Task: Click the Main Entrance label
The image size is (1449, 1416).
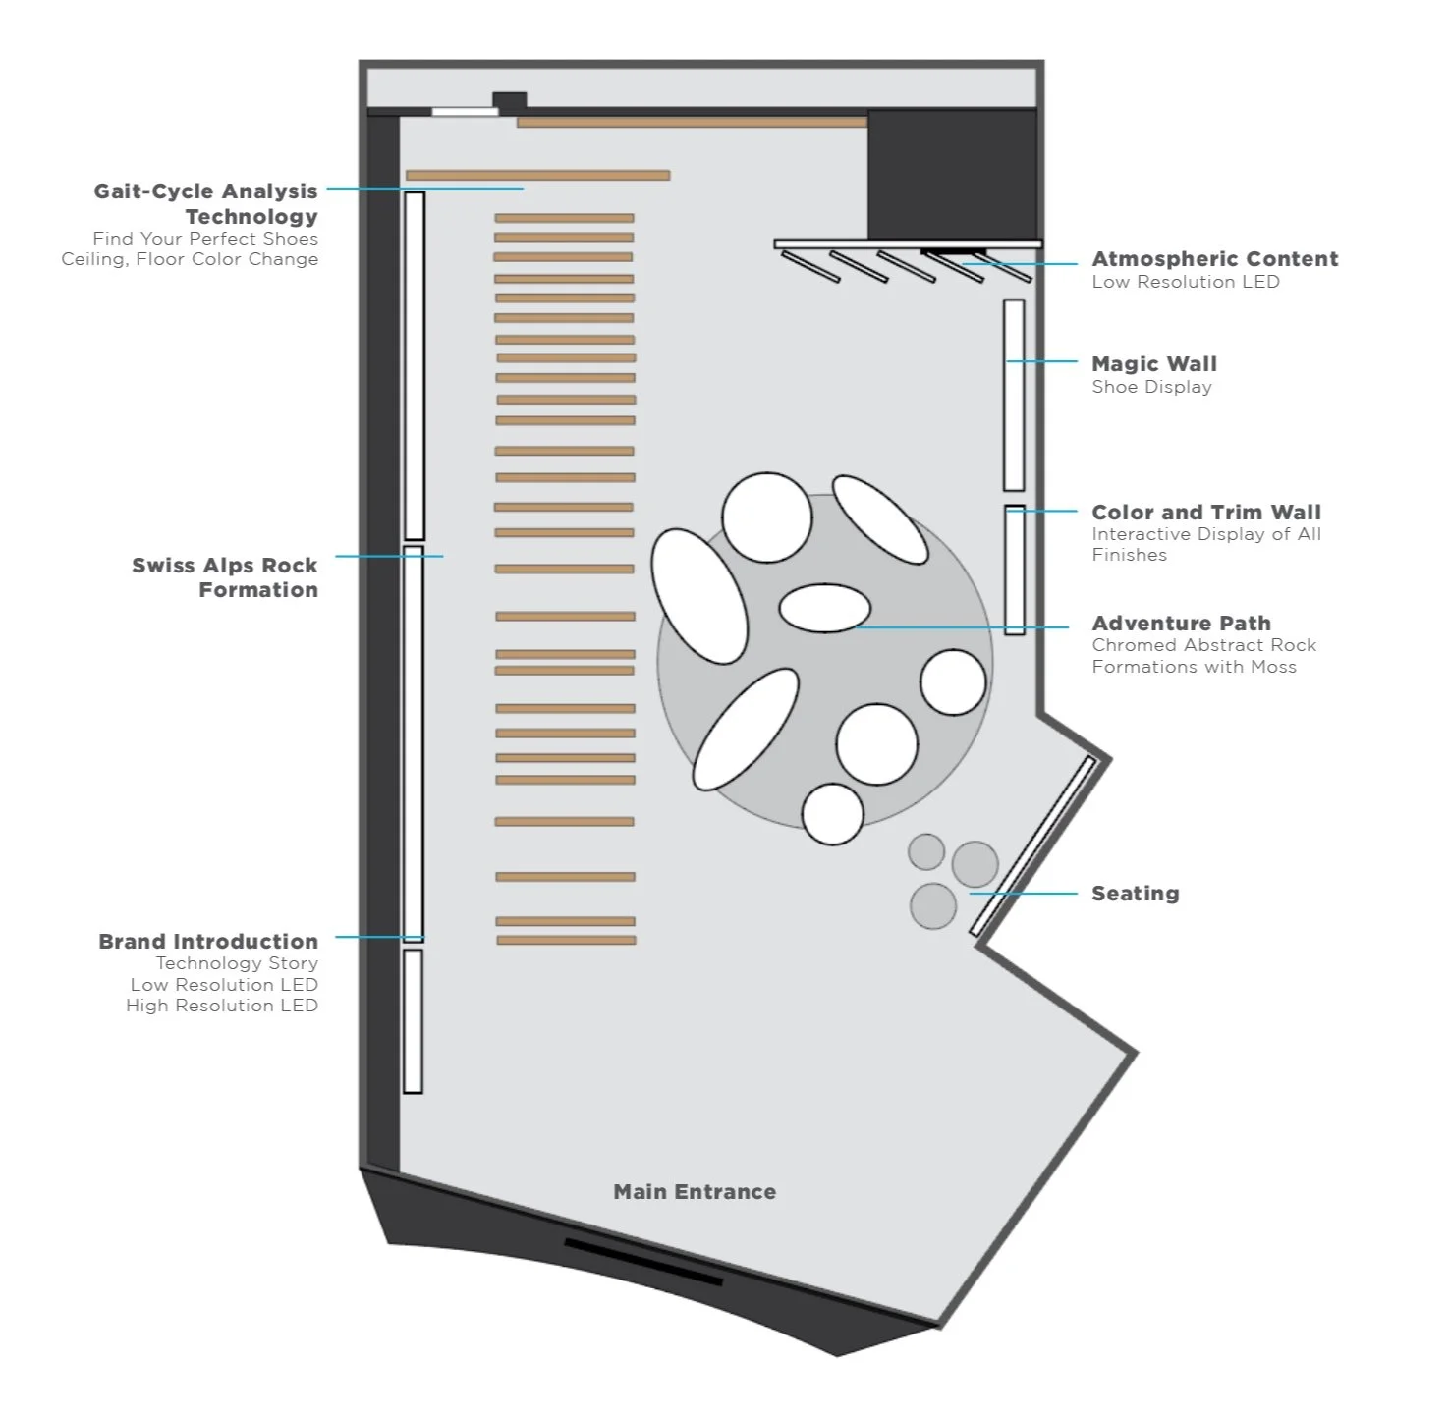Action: (695, 1192)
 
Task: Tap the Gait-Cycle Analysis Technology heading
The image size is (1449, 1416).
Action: (206, 203)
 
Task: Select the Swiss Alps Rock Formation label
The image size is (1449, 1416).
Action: (225, 577)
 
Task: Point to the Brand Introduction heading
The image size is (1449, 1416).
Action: (208, 941)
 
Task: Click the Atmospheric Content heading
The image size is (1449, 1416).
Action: (1215, 259)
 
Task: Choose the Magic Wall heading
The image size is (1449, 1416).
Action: (1154, 364)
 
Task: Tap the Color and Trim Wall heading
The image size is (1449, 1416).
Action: (1206, 513)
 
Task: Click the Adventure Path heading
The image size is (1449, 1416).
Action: (1182, 624)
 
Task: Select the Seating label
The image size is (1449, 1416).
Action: (1136, 894)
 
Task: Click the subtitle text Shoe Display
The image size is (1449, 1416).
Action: (1152, 387)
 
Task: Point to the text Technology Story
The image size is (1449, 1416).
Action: (237, 963)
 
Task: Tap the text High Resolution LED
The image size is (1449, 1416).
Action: (222, 1006)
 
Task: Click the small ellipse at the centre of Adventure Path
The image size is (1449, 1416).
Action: (825, 608)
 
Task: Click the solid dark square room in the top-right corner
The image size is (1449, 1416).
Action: (952, 173)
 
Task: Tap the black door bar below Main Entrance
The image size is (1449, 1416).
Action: (643, 1262)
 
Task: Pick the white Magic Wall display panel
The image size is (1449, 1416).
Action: (1014, 395)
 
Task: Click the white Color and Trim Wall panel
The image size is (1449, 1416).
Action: (1015, 570)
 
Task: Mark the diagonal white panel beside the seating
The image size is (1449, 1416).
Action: (1033, 846)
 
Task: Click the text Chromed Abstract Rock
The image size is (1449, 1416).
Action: (1204, 645)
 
